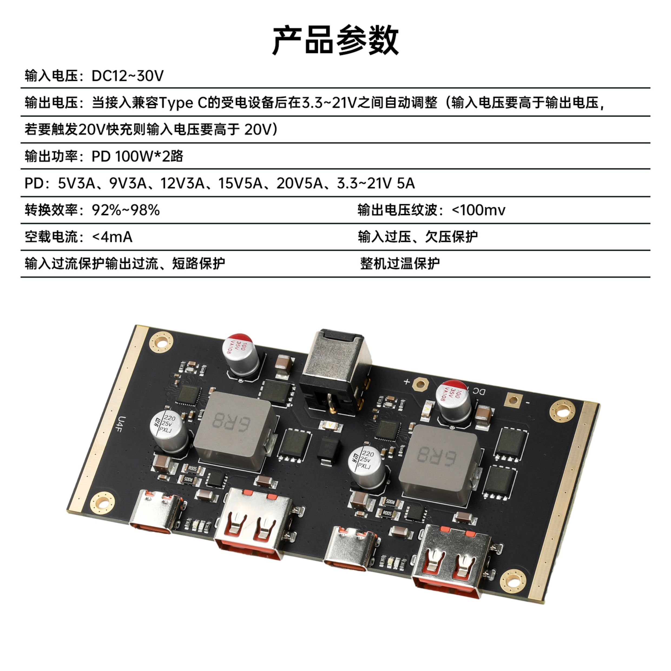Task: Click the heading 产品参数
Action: pyautogui.click(x=335, y=40)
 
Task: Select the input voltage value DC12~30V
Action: pyautogui.click(x=127, y=76)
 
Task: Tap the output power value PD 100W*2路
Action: pyautogui.click(x=137, y=156)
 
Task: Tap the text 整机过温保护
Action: pyautogui.click(x=400, y=264)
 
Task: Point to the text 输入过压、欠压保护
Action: pyautogui.click(x=418, y=237)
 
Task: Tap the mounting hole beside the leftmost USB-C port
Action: pyautogui.click(x=103, y=502)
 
